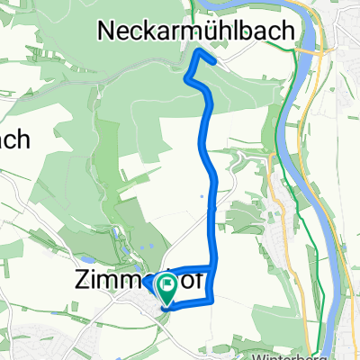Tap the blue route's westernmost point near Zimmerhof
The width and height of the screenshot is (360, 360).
pos(142,282)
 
